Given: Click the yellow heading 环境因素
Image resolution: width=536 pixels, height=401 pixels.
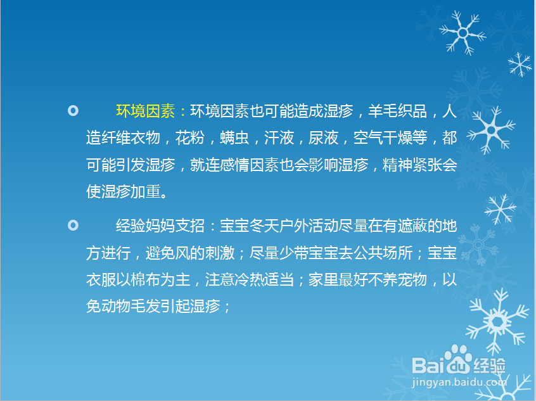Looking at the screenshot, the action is point(146,111).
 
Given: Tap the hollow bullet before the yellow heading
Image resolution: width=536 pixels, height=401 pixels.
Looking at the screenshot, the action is point(73,111).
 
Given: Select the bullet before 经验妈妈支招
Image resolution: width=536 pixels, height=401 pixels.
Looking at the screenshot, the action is point(73,226).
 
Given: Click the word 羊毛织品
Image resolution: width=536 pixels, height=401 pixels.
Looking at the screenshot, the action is point(397,111).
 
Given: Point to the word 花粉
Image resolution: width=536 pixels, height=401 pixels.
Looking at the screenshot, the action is point(190,137).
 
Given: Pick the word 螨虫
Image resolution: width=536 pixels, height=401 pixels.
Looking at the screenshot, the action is point(234,137).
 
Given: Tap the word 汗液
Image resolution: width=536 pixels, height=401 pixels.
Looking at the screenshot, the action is point(279,137).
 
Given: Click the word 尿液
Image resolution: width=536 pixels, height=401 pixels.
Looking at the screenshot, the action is point(323,137).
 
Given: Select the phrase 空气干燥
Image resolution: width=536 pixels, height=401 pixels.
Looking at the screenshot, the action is point(383,137).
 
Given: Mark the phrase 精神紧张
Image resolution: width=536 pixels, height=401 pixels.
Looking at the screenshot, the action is point(412,165).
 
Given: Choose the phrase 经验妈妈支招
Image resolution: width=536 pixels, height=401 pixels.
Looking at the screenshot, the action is point(160,226).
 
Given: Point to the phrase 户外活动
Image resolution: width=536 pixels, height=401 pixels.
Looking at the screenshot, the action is point(309,226).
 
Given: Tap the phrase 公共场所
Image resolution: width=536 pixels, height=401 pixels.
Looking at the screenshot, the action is point(383,253).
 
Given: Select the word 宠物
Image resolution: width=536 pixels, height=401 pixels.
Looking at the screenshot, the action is point(412,279).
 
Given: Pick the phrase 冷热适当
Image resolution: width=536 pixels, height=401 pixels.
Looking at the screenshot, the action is point(264,279).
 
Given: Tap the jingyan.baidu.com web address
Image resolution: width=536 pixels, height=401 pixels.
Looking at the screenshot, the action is point(459,382).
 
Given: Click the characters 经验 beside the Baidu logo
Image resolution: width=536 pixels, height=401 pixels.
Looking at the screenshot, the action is point(490,366).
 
